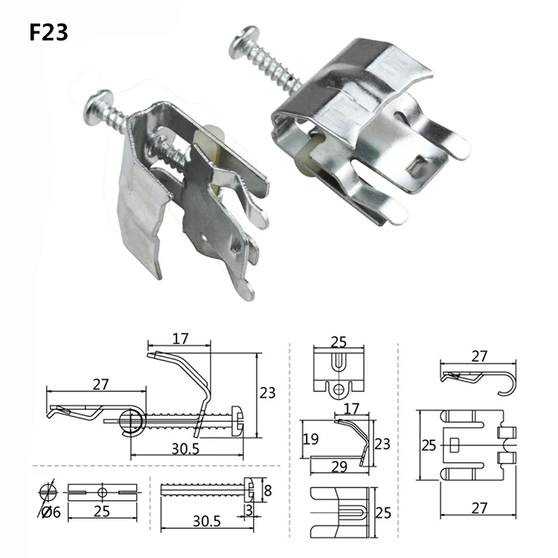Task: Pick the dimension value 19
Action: (x=310, y=439)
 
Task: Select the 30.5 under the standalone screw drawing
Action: (x=207, y=522)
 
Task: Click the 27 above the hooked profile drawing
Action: (x=478, y=356)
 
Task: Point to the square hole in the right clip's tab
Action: (x=422, y=158)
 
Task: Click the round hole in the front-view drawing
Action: (x=339, y=388)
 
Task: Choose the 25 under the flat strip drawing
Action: (x=103, y=513)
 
